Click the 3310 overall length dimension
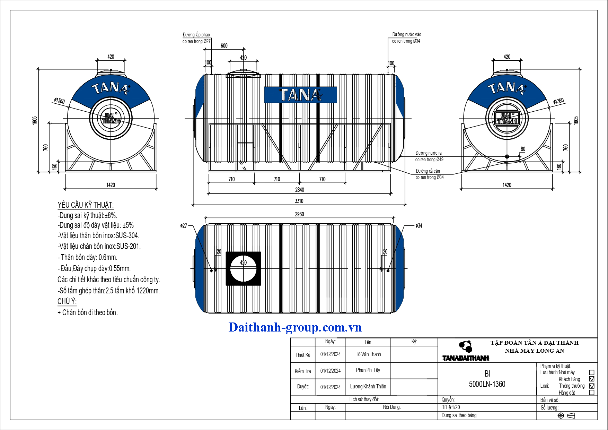[x=299, y=201]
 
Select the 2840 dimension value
[x=300, y=190]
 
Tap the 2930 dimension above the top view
[x=299, y=214]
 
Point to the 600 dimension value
[x=224, y=46]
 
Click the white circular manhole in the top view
[x=243, y=269]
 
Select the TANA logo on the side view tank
[x=300, y=95]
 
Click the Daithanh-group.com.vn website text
[x=295, y=327]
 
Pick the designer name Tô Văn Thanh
[x=368, y=354]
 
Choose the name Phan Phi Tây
[x=368, y=370]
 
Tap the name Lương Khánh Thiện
[x=368, y=387]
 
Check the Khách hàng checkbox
[x=592, y=379]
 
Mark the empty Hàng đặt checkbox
[x=592, y=393]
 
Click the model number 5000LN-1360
[x=487, y=384]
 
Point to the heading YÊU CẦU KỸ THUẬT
[x=86, y=205]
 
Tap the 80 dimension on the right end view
[x=523, y=149]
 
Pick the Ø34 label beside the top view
[x=419, y=226]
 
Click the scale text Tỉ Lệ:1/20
[x=451, y=407]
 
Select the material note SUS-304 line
[x=98, y=236]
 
